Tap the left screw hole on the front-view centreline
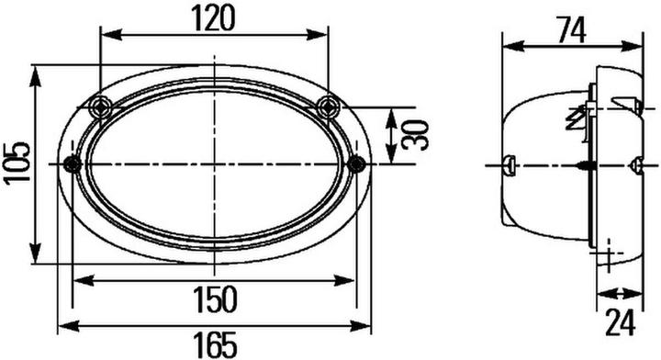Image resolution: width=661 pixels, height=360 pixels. click(x=72, y=164)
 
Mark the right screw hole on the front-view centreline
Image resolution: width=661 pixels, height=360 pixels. click(x=357, y=164)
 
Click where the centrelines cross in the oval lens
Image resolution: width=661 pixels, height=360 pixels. click(x=214, y=164)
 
